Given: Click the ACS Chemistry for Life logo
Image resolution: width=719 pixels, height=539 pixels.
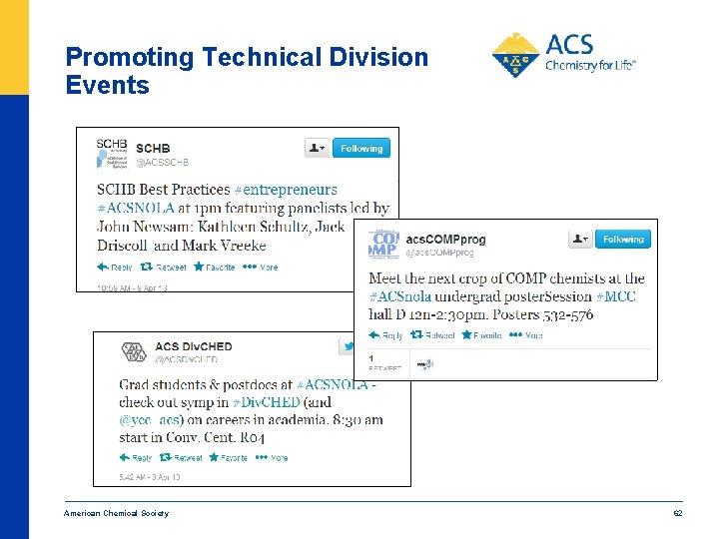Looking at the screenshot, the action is (563, 55).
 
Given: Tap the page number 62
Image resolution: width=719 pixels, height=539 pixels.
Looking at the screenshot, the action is (676, 513).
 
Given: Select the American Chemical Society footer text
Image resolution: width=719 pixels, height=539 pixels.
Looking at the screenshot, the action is (116, 513).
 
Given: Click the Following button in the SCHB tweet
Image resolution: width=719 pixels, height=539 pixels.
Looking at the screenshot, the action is (360, 149).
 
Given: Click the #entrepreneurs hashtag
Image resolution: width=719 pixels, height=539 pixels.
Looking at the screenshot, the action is (286, 190).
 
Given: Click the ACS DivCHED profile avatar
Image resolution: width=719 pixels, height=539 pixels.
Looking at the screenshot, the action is (133, 352).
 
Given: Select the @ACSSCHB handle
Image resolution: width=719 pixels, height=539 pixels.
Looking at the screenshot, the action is (162, 163).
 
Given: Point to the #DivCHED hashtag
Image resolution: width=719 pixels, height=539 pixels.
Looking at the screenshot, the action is (266, 402).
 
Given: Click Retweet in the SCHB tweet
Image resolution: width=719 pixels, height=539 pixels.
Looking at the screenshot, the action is (164, 268).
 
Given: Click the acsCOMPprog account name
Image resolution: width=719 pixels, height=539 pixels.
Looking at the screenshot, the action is (445, 240).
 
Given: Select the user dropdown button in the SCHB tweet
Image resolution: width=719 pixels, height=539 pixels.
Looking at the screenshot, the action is (317, 149).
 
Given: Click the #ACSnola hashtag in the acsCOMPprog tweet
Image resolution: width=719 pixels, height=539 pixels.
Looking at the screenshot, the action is (400, 296).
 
